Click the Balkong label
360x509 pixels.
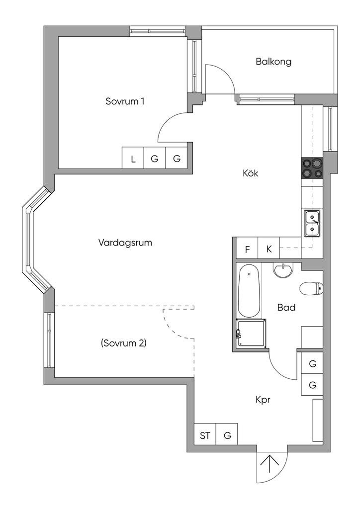pyautogui.click(x=273, y=62)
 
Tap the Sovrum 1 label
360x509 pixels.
pyautogui.click(x=125, y=101)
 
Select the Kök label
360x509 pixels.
pyautogui.click(x=251, y=173)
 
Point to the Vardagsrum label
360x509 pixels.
pyautogui.click(x=125, y=243)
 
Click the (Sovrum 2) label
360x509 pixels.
pyautogui.click(x=124, y=343)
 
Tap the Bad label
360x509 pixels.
pyautogui.click(x=286, y=307)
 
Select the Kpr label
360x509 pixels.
pyautogui.click(x=263, y=400)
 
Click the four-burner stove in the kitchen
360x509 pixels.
pyautogui.click(x=312, y=168)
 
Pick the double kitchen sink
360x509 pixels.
pyautogui.click(x=312, y=223)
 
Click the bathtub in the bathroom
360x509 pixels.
pyautogui.click(x=249, y=291)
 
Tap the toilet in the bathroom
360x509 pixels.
pyautogui.click(x=311, y=289)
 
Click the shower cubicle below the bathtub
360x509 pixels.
pyautogui.click(x=251, y=334)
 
